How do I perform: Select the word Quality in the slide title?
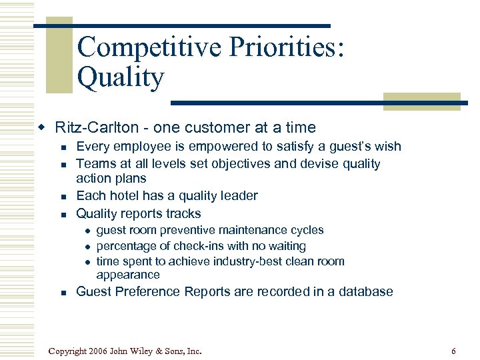pyautogui.click(x=120, y=78)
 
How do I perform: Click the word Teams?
pyautogui.click(x=95, y=164)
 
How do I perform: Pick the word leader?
pyautogui.click(x=237, y=196)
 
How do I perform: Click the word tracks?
pyautogui.click(x=182, y=214)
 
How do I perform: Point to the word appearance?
pyautogui.click(x=128, y=275)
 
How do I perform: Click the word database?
pyautogui.click(x=366, y=292)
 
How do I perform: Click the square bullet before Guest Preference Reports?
pyautogui.click(x=62, y=293)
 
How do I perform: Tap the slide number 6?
pyautogui.click(x=453, y=351)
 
